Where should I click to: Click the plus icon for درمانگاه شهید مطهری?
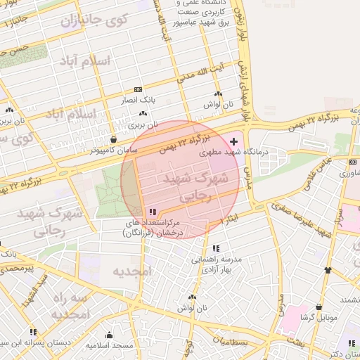click(x=234, y=142)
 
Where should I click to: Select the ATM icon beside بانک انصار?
click(x=138, y=90)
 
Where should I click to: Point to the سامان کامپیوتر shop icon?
click(x=114, y=139)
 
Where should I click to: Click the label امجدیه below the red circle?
click(x=131, y=271)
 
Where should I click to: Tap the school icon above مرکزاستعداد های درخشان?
click(x=153, y=212)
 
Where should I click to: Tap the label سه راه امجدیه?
click(x=72, y=306)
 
